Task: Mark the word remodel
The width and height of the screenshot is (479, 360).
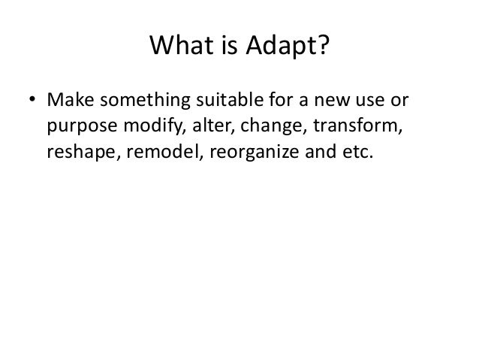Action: click(x=154, y=153)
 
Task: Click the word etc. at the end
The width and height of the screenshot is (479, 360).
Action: click(x=353, y=153)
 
